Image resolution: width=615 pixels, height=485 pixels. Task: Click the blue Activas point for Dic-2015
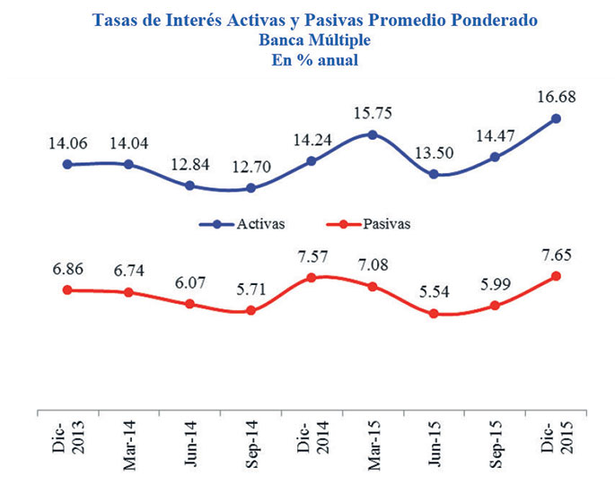click(556, 118)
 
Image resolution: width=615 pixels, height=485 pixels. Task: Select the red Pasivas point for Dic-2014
click(312, 278)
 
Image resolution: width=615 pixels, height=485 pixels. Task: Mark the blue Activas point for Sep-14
click(250, 188)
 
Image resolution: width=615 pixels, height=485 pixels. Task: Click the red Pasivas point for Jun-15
click(434, 314)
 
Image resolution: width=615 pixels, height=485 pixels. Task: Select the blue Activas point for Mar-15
click(373, 134)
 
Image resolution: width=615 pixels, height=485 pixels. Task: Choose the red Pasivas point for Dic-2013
click(67, 290)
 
